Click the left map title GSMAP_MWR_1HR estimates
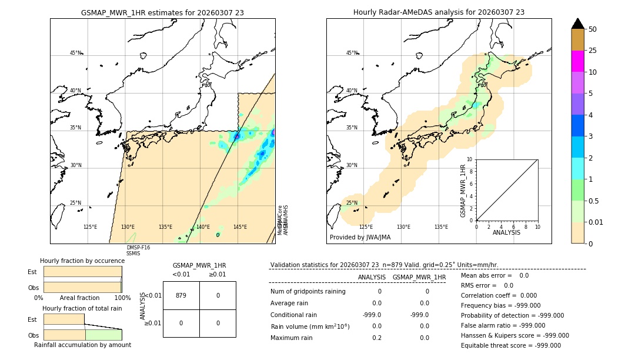coord(162,12)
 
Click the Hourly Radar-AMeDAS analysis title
coord(439,12)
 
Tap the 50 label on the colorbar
coord(593,29)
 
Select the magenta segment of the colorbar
coord(577,61)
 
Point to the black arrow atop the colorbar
coord(577,24)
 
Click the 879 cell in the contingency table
coord(181,295)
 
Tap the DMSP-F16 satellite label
coord(138,248)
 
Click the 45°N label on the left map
coord(75,53)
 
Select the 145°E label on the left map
coord(240,227)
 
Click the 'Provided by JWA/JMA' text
coord(360,238)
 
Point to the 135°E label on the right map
coord(441,227)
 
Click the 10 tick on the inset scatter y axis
coord(469,159)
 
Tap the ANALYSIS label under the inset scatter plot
coord(507,233)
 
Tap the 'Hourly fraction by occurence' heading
coord(82,261)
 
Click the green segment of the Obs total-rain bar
coord(103,335)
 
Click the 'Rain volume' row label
coord(310,326)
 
